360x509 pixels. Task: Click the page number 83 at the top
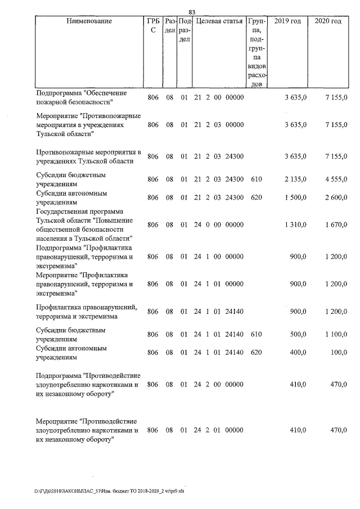[x=191, y=12]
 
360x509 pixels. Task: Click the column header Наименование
[x=89, y=21]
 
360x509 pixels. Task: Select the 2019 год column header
[x=287, y=21]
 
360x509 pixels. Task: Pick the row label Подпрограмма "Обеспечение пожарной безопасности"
[x=82, y=97]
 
